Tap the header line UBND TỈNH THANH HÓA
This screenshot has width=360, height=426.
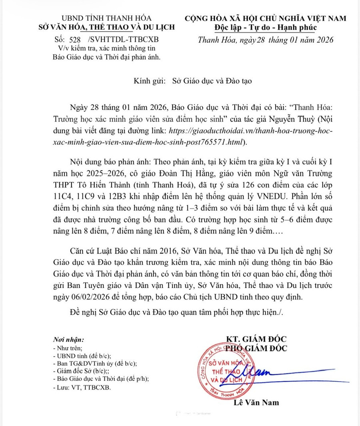point(102,18)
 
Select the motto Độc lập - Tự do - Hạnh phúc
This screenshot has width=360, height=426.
point(265,27)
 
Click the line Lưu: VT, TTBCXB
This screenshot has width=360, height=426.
point(84,388)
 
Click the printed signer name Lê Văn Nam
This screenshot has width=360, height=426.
point(256,402)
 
